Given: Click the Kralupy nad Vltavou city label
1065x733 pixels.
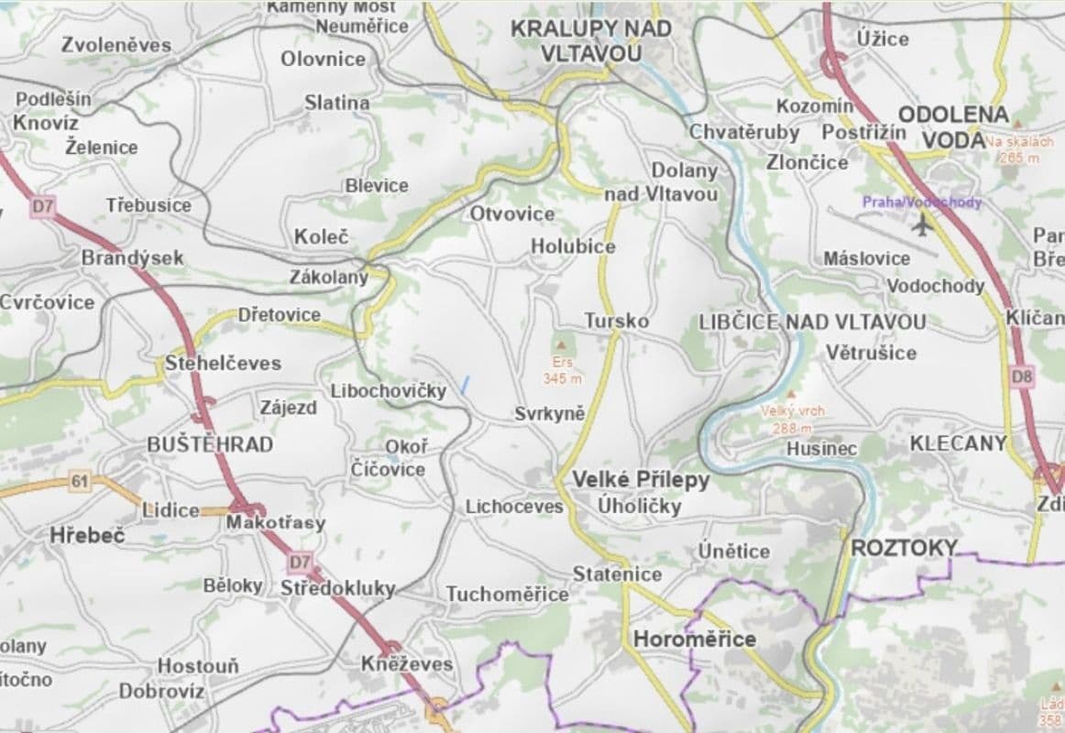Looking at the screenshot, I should pos(590,40).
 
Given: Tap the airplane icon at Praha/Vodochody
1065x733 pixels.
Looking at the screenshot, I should pos(922,223).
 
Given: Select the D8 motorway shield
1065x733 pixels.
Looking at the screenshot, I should pos(1022,377).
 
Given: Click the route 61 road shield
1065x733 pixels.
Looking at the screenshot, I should pos(80,481).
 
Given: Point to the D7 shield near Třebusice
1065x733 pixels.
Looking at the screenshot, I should pos(43,206).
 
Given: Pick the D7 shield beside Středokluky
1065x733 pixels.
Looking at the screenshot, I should pos(300,561).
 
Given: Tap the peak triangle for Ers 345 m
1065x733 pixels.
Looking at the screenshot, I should pos(561,344).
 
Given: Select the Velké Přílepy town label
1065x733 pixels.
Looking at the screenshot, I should pos(641,479).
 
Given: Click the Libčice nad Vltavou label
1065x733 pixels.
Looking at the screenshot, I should pos(812,322).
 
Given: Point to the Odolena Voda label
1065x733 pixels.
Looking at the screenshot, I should pos(953,126).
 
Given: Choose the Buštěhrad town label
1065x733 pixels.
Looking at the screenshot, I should pos(210,444).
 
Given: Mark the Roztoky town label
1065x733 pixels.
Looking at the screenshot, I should pos(903,548).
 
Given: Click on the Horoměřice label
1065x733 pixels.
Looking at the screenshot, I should pos(695,639).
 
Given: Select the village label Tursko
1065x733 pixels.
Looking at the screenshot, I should pos(617,321).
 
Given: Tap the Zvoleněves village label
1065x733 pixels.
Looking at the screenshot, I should pos(116,44).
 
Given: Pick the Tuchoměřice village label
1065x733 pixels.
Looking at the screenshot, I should pos(507,594).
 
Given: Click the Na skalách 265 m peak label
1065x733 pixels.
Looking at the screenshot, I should pos(1019,149).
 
